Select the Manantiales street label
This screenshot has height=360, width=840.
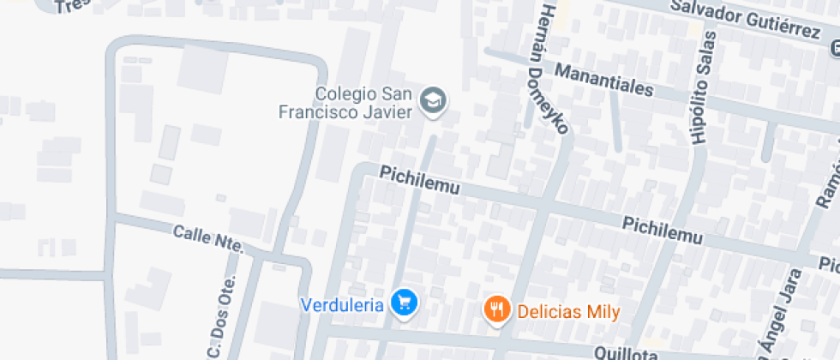point(603,79)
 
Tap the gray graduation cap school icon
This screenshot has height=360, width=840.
point(433,102)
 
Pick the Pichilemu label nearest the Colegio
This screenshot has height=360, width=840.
point(420,180)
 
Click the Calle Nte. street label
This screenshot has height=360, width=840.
point(208,238)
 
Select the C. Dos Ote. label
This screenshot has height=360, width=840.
point(219,316)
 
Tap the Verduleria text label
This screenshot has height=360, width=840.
point(341,304)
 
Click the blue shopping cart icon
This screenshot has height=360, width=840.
point(404,302)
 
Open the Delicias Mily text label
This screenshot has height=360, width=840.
point(568,310)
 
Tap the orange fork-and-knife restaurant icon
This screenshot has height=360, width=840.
point(496,309)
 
